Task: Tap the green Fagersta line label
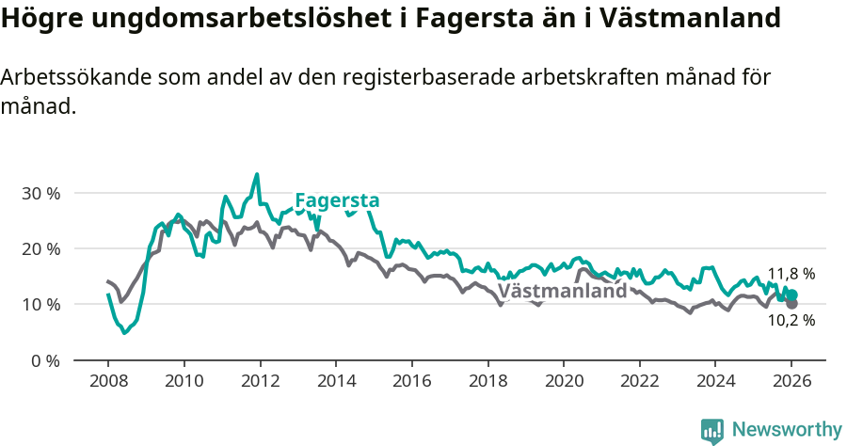(x=337, y=200)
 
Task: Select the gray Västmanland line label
(x=562, y=291)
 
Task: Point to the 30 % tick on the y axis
(x=40, y=193)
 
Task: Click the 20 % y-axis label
(x=40, y=248)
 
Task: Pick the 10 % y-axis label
(x=40, y=304)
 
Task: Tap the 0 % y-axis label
(x=45, y=360)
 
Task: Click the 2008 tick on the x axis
(x=108, y=384)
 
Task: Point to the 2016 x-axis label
(x=412, y=384)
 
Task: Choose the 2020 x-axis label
(x=564, y=384)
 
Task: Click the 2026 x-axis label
(x=791, y=384)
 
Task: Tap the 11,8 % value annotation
(x=791, y=274)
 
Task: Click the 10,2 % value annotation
(x=791, y=320)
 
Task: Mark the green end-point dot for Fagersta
(x=791, y=295)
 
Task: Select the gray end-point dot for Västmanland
(x=791, y=304)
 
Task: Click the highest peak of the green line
(x=257, y=174)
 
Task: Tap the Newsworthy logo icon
(x=712, y=430)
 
